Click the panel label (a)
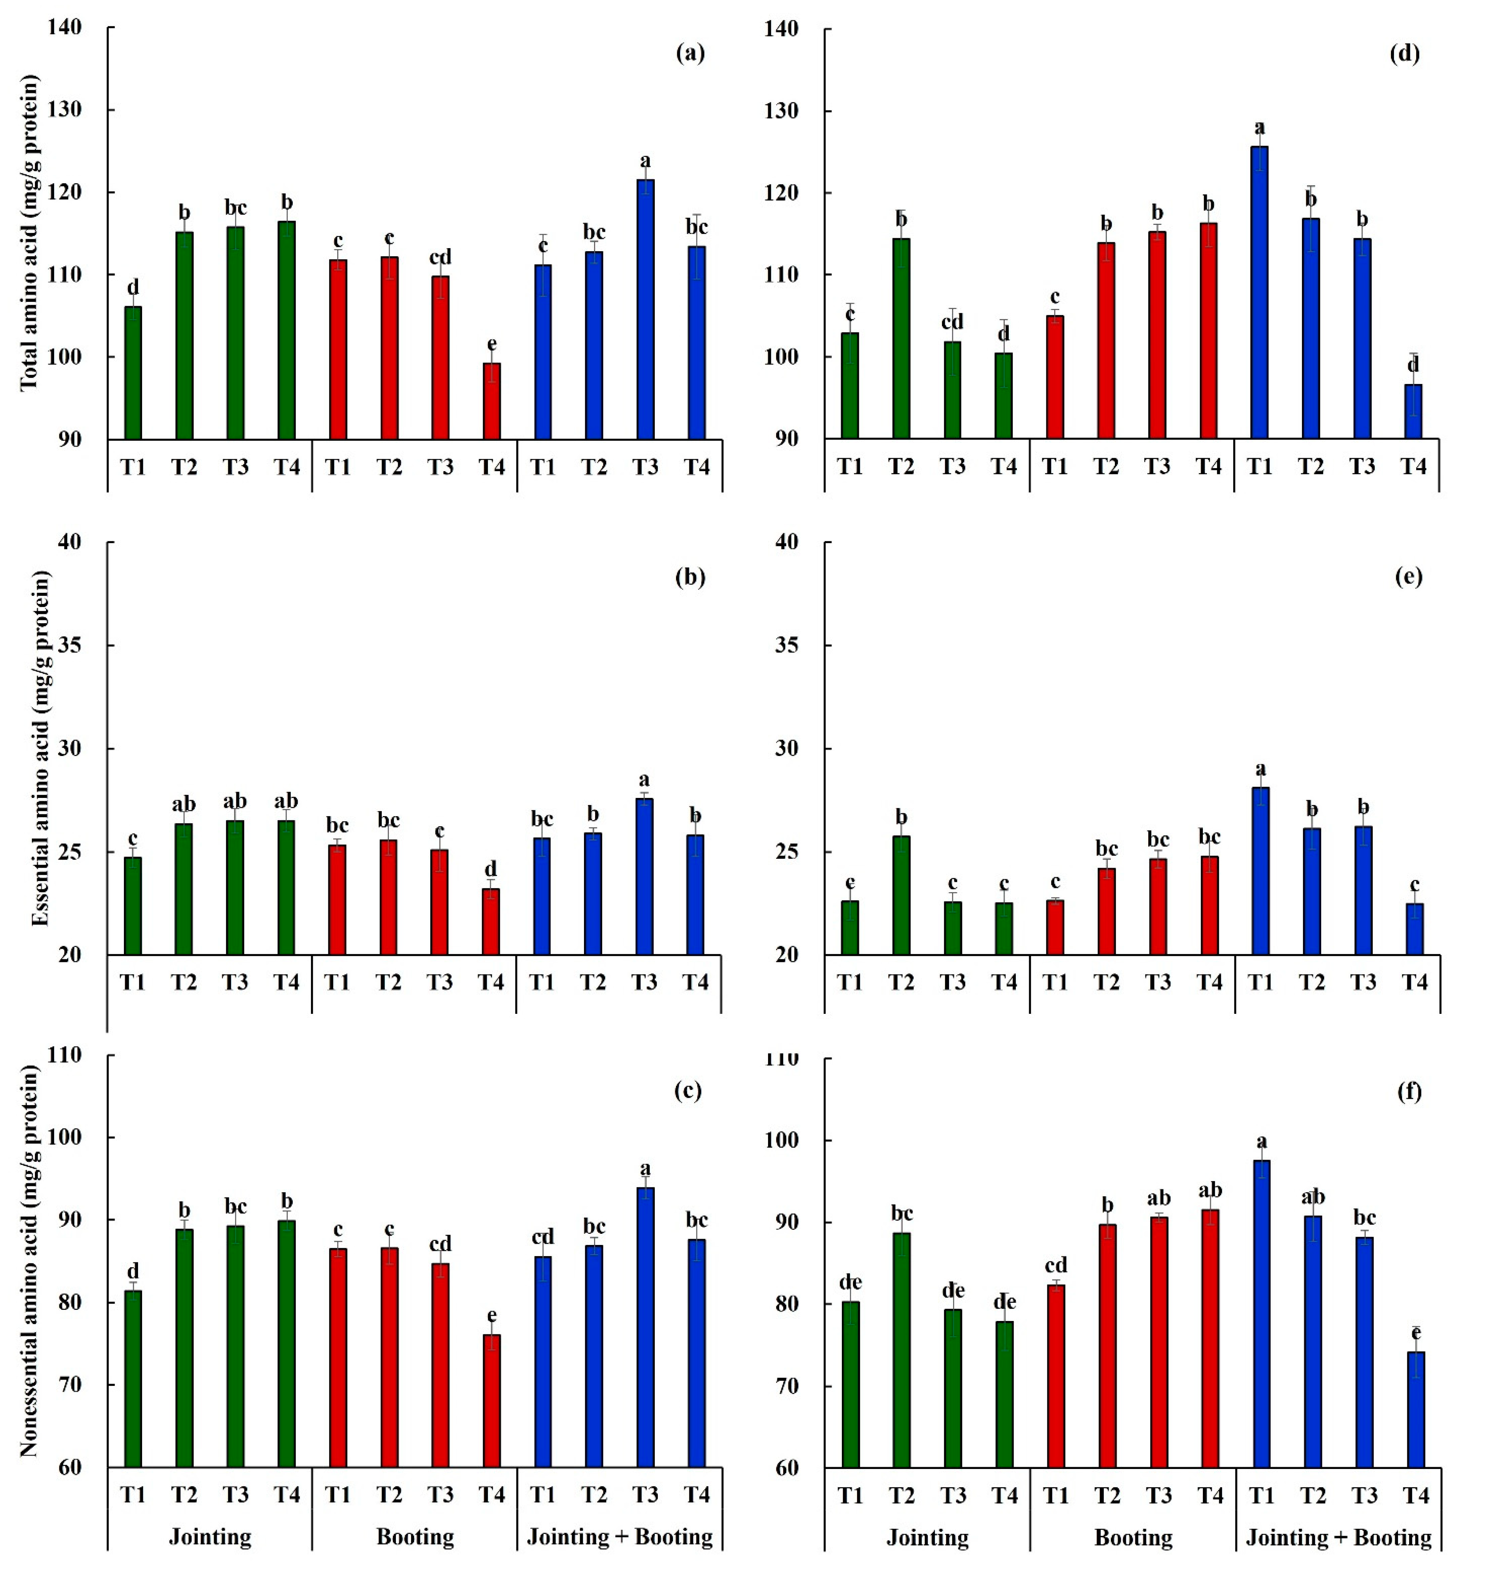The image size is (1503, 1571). click(690, 54)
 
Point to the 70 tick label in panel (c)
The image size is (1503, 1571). click(69, 1385)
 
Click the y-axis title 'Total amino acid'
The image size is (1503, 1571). click(29, 232)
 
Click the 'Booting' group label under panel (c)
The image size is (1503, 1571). click(415, 1537)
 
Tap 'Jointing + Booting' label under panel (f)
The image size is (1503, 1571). click(1338, 1537)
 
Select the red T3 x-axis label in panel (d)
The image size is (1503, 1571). click(1157, 466)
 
